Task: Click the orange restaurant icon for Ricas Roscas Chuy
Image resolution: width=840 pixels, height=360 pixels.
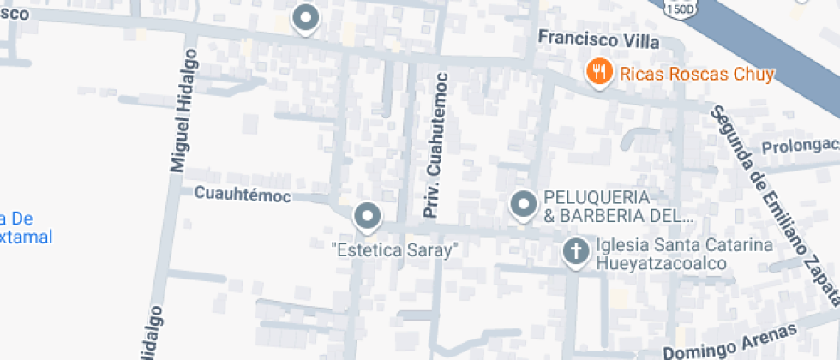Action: coord(598,72)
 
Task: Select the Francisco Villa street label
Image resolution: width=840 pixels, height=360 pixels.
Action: coord(598,39)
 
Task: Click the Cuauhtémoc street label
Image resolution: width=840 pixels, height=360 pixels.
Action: coord(243,195)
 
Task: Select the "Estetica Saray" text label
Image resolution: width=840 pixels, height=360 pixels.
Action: coord(395,251)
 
